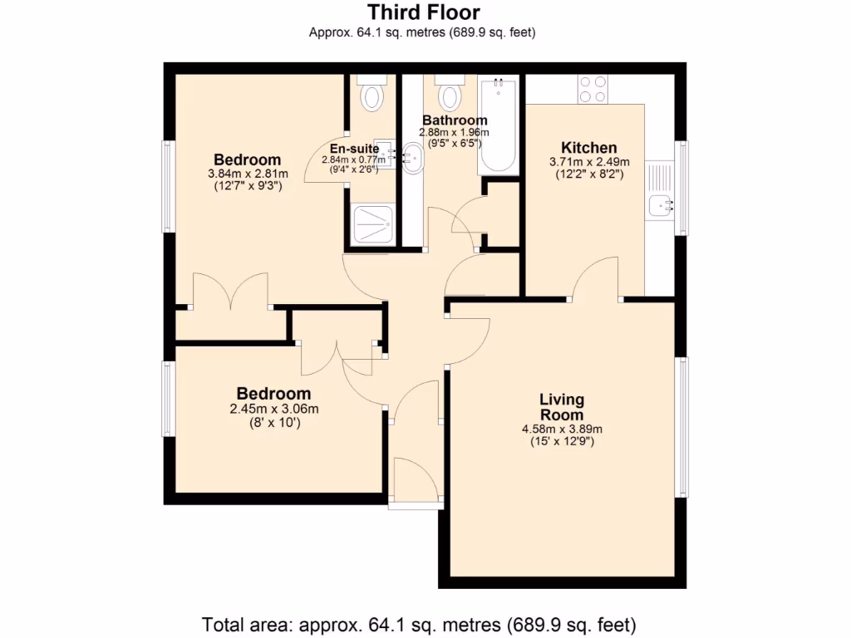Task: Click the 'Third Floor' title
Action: (424, 12)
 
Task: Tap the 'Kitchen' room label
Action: (588, 148)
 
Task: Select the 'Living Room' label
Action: (562, 407)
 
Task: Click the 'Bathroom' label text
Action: (455, 120)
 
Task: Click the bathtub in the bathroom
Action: (498, 125)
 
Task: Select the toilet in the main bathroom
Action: (450, 94)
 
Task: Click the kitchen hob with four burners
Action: (593, 89)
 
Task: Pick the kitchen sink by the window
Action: (662, 203)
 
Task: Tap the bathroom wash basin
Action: (411, 159)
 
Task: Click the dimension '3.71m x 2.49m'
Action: (589, 162)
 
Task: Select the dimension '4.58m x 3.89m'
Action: (562, 429)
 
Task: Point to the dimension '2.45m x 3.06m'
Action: (274, 408)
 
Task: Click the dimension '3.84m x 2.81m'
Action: (248, 174)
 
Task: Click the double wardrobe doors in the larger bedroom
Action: (231, 291)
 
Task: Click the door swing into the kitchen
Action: (595, 278)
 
